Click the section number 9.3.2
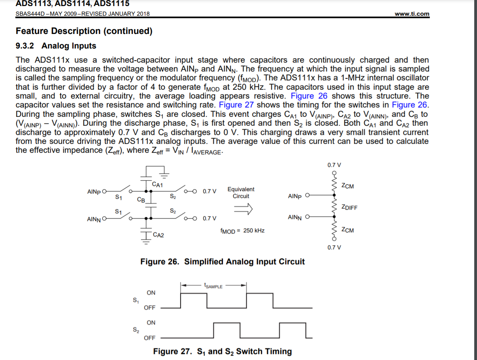[26, 46]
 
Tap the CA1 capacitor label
[158, 185]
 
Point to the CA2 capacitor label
[158, 235]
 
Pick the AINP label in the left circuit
[94, 191]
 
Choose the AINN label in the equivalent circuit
[295, 217]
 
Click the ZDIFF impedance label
[349, 208]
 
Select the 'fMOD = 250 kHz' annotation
[242, 230]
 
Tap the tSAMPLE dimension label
[213, 286]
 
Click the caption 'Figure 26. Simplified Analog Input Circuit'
[223, 261]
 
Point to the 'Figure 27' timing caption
[222, 351]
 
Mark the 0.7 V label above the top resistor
[334, 165]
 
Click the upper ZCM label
[347, 186]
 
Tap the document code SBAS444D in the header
[29, 14]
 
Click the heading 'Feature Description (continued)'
[84, 31]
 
